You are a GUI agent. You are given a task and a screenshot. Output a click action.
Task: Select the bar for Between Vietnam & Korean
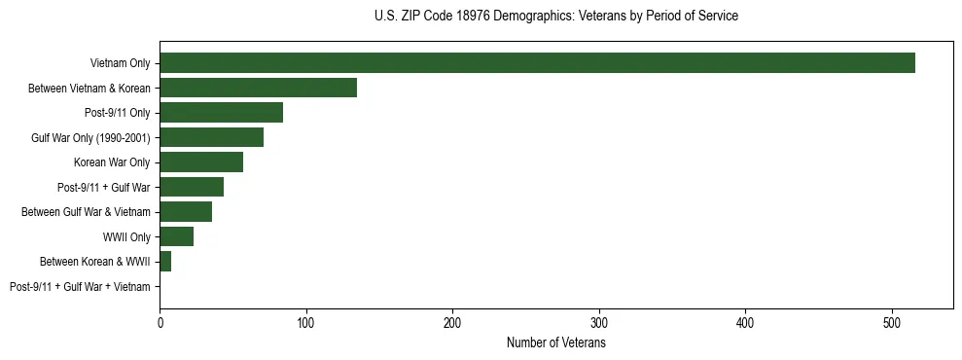point(258,88)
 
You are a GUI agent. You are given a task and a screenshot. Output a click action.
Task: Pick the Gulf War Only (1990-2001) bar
point(211,137)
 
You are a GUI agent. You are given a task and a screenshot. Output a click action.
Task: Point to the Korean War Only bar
point(201,162)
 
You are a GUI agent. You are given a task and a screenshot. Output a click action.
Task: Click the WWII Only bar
point(176,236)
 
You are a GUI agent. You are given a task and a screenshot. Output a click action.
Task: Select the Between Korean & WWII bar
point(165,262)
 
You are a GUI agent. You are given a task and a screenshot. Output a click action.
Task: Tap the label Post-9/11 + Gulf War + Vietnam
point(80,287)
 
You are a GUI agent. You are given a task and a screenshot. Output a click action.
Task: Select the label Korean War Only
point(112,162)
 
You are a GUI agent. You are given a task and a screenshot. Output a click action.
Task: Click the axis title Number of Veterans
point(556,342)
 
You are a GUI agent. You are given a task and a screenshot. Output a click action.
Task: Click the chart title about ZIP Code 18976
point(556,16)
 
